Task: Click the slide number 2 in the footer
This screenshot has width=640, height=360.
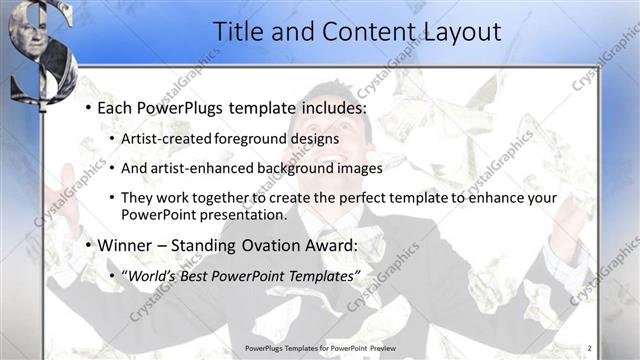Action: tap(589, 348)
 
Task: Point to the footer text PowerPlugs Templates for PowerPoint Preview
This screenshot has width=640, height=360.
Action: tap(320, 348)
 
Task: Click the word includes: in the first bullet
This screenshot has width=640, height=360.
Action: tap(326, 107)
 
